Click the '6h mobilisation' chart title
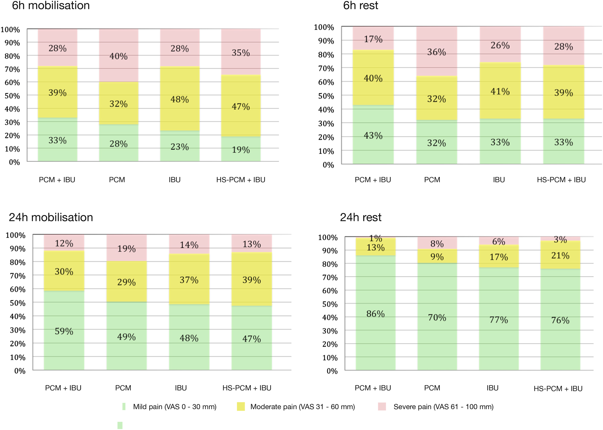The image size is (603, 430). (x=51, y=5)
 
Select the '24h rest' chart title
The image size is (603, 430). (x=361, y=217)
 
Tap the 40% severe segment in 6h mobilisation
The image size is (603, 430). (x=118, y=56)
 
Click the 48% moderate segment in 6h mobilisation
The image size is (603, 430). (x=179, y=99)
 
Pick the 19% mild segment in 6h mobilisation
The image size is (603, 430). (x=241, y=149)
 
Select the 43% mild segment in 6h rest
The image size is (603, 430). (x=373, y=135)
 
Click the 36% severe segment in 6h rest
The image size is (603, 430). (x=436, y=52)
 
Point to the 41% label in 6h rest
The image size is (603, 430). (x=500, y=91)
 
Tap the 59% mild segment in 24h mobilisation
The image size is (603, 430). (x=64, y=331)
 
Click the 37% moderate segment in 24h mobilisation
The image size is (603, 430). (x=189, y=280)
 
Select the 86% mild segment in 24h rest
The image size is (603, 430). (x=375, y=314)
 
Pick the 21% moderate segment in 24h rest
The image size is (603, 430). (x=560, y=255)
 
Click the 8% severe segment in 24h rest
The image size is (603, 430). (x=437, y=243)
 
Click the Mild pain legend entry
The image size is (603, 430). (x=174, y=407)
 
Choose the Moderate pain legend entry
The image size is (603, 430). (x=302, y=407)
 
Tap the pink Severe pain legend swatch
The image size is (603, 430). (x=382, y=406)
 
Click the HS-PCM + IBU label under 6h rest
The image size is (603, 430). (x=561, y=180)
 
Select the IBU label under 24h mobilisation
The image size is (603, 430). (x=181, y=388)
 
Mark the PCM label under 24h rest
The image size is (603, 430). (x=432, y=388)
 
